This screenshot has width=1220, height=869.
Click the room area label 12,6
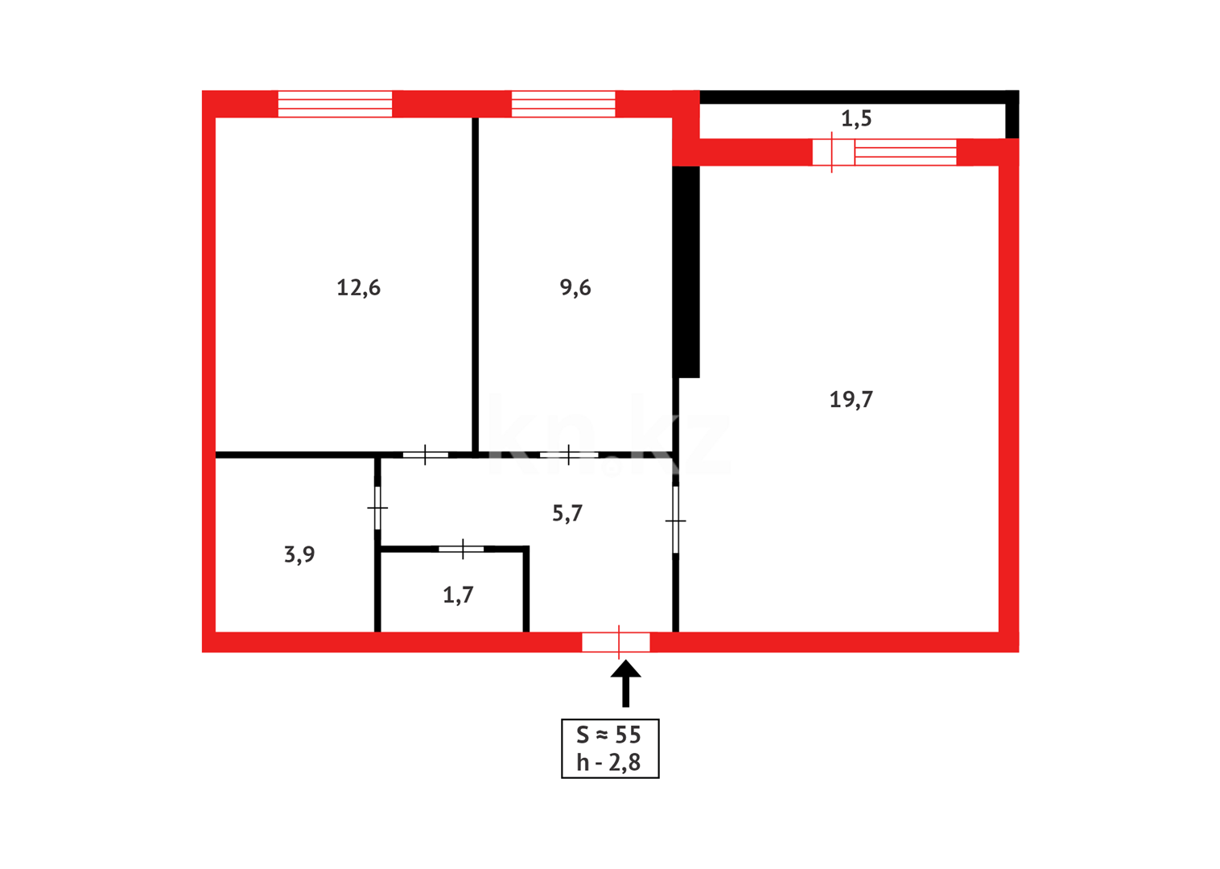click(358, 287)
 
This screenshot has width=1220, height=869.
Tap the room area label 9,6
click(575, 287)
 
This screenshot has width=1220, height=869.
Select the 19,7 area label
click(851, 399)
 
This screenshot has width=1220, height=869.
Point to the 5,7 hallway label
click(567, 513)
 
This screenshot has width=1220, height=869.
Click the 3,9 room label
click(299, 554)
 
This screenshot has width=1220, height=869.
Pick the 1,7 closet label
click(458, 595)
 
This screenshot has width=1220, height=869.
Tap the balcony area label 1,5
click(856, 119)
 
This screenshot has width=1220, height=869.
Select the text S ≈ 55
click(608, 735)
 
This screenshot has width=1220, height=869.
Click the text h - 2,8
click(608, 763)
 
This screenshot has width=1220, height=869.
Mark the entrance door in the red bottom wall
click(616, 642)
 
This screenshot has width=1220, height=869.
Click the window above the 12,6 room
click(335, 104)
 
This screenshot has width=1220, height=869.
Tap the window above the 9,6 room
click(563, 104)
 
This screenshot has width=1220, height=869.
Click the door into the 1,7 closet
click(461, 549)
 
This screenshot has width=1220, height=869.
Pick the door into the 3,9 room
click(377, 508)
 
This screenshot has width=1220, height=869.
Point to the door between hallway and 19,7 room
click(675, 520)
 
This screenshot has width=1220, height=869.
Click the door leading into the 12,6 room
click(425, 455)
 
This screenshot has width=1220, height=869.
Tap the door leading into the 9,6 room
click(568, 455)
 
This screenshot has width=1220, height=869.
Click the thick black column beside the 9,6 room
click(686, 271)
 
